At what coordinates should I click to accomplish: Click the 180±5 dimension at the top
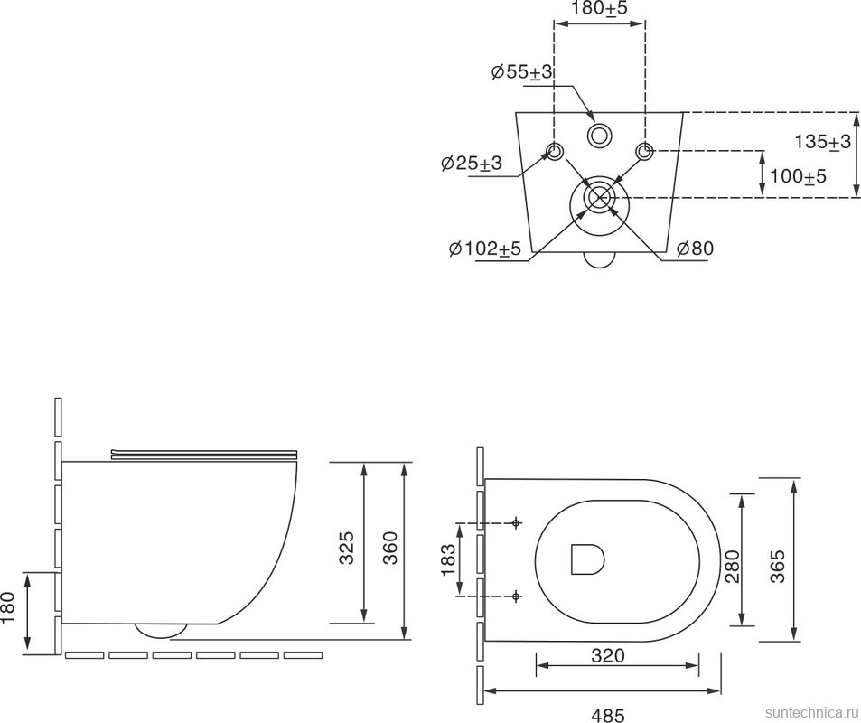(x=598, y=8)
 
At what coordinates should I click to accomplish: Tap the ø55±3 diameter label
(x=522, y=72)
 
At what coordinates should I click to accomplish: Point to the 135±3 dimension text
(x=822, y=142)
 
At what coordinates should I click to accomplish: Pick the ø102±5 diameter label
(x=484, y=249)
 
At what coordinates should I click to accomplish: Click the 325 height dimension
(x=347, y=547)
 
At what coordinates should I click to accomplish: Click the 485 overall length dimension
(x=607, y=715)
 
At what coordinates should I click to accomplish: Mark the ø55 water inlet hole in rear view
(x=599, y=136)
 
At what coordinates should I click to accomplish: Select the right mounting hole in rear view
(x=644, y=151)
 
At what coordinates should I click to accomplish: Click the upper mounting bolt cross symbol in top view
(x=516, y=522)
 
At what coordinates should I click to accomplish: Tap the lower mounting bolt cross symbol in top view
(x=516, y=596)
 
